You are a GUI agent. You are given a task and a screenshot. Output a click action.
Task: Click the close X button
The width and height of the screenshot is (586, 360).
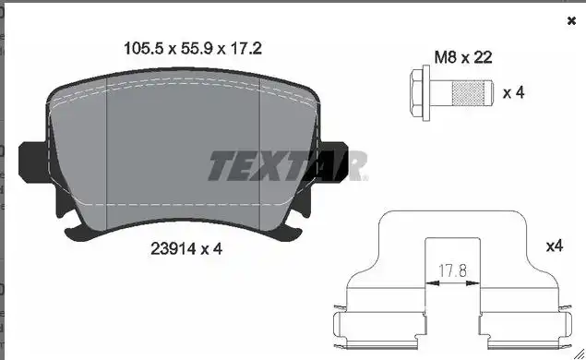click(570, 20)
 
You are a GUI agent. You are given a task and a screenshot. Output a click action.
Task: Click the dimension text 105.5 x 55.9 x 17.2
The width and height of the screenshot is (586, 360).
click(193, 49)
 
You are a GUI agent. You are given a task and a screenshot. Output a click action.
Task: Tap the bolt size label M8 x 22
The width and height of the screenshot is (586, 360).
click(462, 57)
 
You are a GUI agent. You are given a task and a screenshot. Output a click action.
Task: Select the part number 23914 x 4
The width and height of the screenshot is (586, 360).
click(185, 248)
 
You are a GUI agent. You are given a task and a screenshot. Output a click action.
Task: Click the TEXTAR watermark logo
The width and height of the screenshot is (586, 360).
click(287, 166)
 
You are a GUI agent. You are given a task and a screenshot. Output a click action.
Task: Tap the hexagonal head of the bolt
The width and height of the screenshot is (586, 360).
click(418, 93)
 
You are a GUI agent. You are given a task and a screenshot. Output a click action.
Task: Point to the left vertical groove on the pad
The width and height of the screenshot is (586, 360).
click(108, 152)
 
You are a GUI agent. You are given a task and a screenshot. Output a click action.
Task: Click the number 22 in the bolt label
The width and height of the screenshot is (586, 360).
click(483, 57)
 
